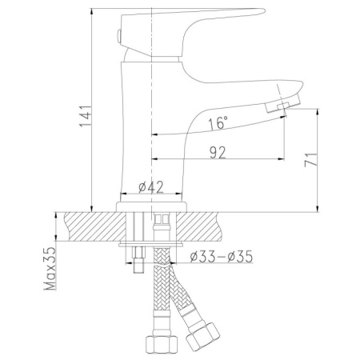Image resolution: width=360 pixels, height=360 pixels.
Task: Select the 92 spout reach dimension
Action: point(217,153)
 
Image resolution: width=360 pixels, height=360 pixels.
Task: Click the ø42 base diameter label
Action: point(150,187)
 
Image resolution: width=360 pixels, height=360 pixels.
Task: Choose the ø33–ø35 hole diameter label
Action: point(223,256)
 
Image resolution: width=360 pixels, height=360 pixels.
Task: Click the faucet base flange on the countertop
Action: point(152,205)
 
